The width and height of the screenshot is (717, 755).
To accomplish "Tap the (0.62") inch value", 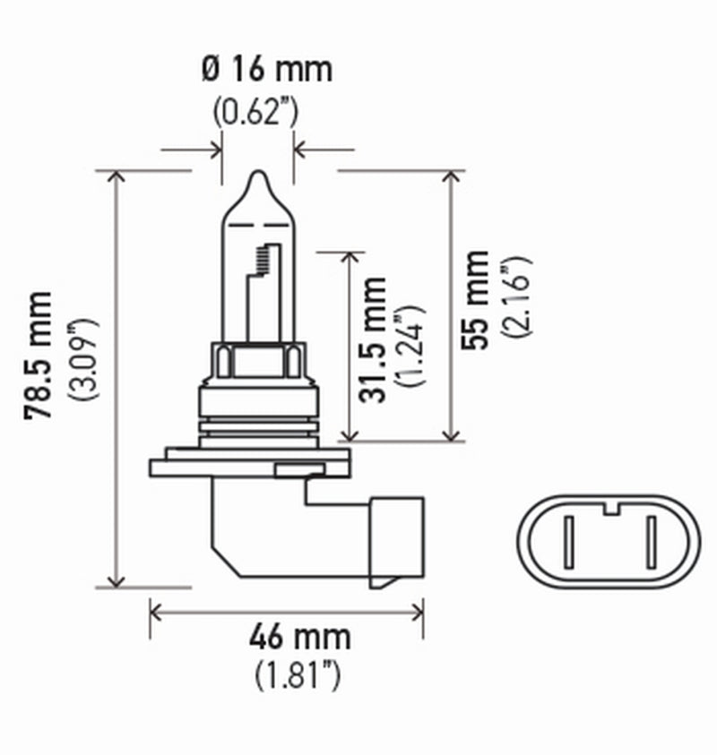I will pos(256,112).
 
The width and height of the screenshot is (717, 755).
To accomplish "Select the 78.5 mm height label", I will pos(40,355).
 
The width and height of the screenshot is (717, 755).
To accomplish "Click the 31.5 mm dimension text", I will pos(376,339).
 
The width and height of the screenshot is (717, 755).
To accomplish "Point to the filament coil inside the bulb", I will pos(262,259).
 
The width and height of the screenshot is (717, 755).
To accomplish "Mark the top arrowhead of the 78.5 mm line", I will pos(116,176).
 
